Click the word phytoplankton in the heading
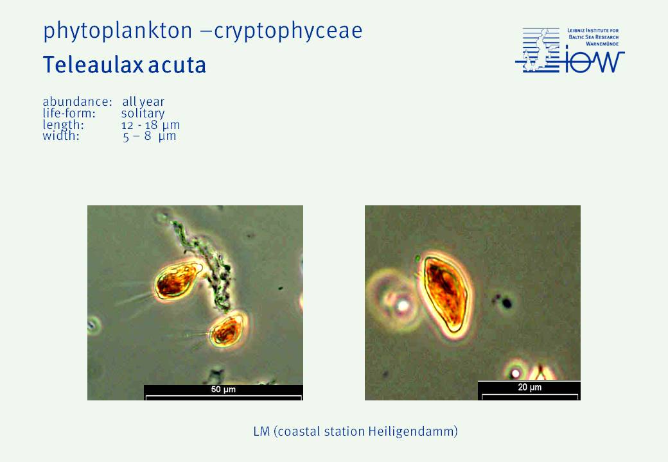click(118, 31)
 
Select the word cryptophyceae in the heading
click(288, 31)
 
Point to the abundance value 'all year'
click(143, 102)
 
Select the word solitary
click(143, 114)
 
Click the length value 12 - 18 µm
click(150, 125)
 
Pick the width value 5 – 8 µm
click(150, 136)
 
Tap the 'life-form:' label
click(69, 114)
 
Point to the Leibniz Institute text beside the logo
click(593, 37)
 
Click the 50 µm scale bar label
click(224, 389)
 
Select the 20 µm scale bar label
click(529, 387)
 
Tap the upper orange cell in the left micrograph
click(177, 280)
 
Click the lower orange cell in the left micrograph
click(227, 330)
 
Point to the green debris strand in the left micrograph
click(206, 264)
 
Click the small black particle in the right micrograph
click(507, 303)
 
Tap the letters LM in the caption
click(261, 432)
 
